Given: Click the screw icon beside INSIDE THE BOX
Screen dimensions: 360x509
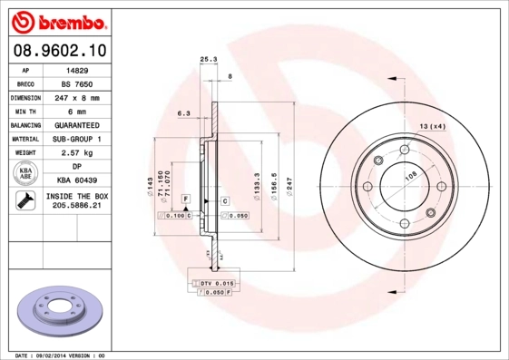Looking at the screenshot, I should [x=24, y=201].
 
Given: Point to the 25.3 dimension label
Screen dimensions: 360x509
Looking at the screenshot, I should [x=209, y=60].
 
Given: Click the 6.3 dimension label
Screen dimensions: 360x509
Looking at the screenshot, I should [x=182, y=113].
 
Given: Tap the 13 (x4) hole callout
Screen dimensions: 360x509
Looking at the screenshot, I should [x=432, y=126].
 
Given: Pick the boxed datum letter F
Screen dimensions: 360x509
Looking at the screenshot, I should [x=185, y=198].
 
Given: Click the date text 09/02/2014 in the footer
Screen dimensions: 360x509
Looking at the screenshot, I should [x=61, y=355].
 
